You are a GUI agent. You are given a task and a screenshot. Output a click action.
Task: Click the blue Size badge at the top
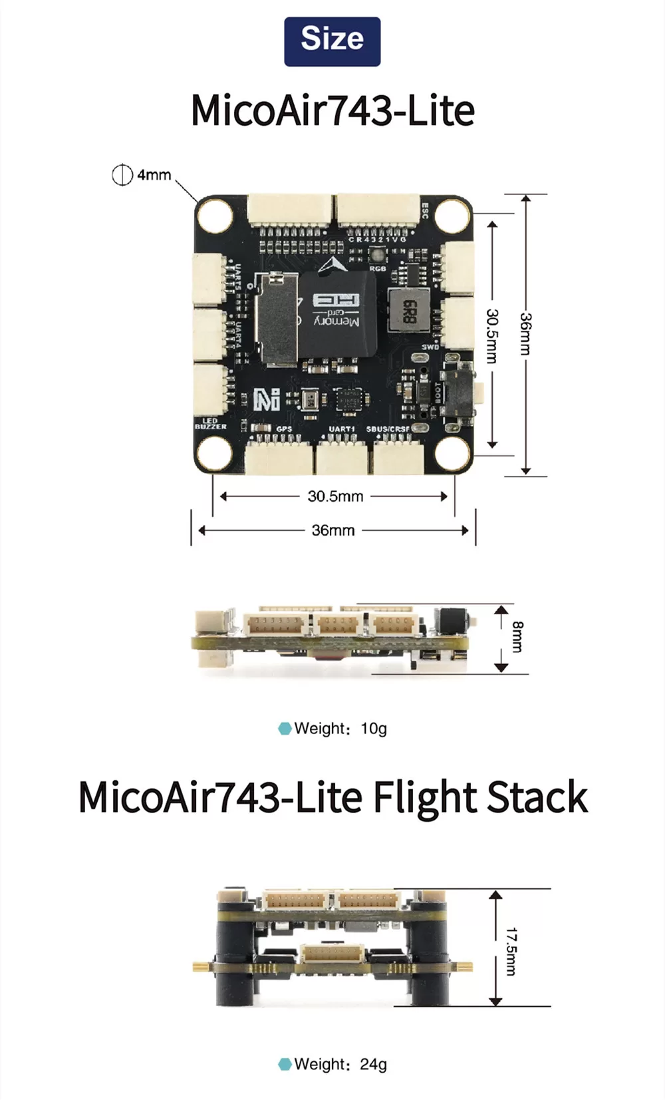(x=332, y=41)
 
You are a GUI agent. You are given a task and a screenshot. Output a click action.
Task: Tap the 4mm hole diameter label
(x=154, y=175)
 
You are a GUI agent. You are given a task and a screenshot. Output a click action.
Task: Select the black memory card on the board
(x=338, y=312)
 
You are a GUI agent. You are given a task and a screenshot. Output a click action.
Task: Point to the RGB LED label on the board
(x=378, y=268)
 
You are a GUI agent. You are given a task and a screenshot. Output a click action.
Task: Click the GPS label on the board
(x=284, y=429)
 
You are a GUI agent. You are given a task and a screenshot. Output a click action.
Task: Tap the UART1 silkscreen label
(x=342, y=429)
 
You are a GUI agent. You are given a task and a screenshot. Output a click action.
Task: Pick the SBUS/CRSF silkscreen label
(x=388, y=429)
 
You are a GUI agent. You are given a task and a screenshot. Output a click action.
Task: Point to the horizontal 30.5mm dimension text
(x=335, y=496)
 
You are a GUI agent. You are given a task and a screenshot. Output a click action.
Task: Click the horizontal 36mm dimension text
(x=333, y=530)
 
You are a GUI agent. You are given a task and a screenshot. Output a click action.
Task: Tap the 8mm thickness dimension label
(x=517, y=637)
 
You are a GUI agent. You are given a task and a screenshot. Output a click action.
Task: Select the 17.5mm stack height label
(x=510, y=952)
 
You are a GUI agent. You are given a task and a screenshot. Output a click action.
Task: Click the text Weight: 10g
(x=340, y=729)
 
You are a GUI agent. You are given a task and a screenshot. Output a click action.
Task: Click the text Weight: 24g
(x=340, y=1064)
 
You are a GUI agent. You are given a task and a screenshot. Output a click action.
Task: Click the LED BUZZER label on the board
(x=210, y=424)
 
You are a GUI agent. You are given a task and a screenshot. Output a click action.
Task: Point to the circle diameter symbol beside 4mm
(x=122, y=175)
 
